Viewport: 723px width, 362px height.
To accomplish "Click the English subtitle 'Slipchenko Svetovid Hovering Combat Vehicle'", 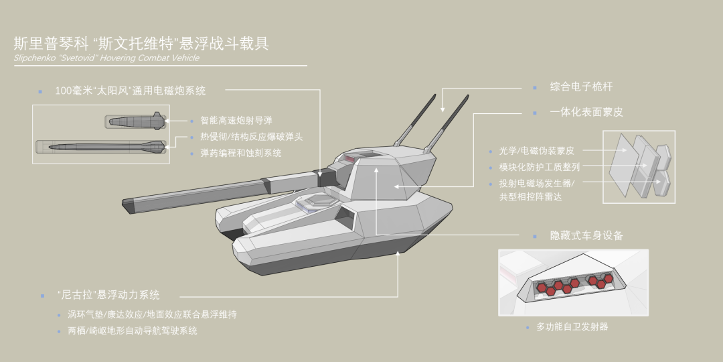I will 106,58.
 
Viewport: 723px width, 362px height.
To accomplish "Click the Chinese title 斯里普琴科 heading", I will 141,44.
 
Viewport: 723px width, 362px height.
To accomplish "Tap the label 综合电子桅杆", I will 581,87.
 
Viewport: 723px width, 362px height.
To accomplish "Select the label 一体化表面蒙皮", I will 586,113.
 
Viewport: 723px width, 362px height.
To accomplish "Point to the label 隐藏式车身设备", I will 586,236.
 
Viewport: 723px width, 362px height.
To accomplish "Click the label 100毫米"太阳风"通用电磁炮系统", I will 130,90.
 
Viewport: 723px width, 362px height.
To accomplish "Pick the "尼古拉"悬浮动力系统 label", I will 108,295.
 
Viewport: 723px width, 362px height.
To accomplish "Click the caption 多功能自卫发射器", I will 572,327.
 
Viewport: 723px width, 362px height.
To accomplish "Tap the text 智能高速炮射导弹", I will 236,121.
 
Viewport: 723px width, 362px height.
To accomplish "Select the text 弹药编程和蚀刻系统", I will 240,154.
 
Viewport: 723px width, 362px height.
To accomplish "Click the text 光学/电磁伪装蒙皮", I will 536,151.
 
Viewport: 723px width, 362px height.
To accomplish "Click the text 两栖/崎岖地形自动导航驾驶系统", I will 132,331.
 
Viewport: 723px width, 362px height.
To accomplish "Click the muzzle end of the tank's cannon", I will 127,203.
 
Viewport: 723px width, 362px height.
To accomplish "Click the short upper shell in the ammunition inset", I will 135,121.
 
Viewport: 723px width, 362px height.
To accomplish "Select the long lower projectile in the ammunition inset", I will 100,147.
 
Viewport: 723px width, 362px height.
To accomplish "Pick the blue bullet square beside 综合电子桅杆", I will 534,88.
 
